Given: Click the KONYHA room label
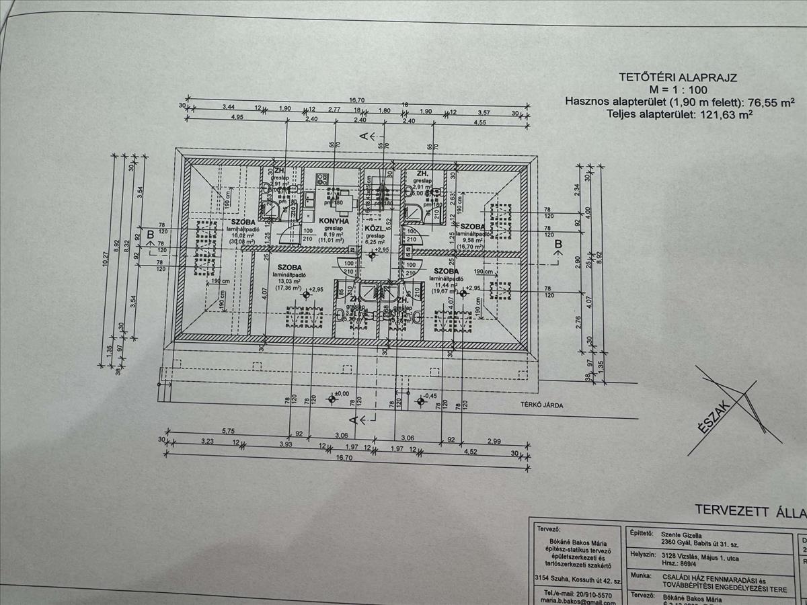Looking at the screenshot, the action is click(x=334, y=220).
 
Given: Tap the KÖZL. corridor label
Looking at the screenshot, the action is click(x=374, y=228).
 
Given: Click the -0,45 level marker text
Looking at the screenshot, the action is click(x=431, y=395).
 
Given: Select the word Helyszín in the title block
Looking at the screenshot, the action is click(x=643, y=555).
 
